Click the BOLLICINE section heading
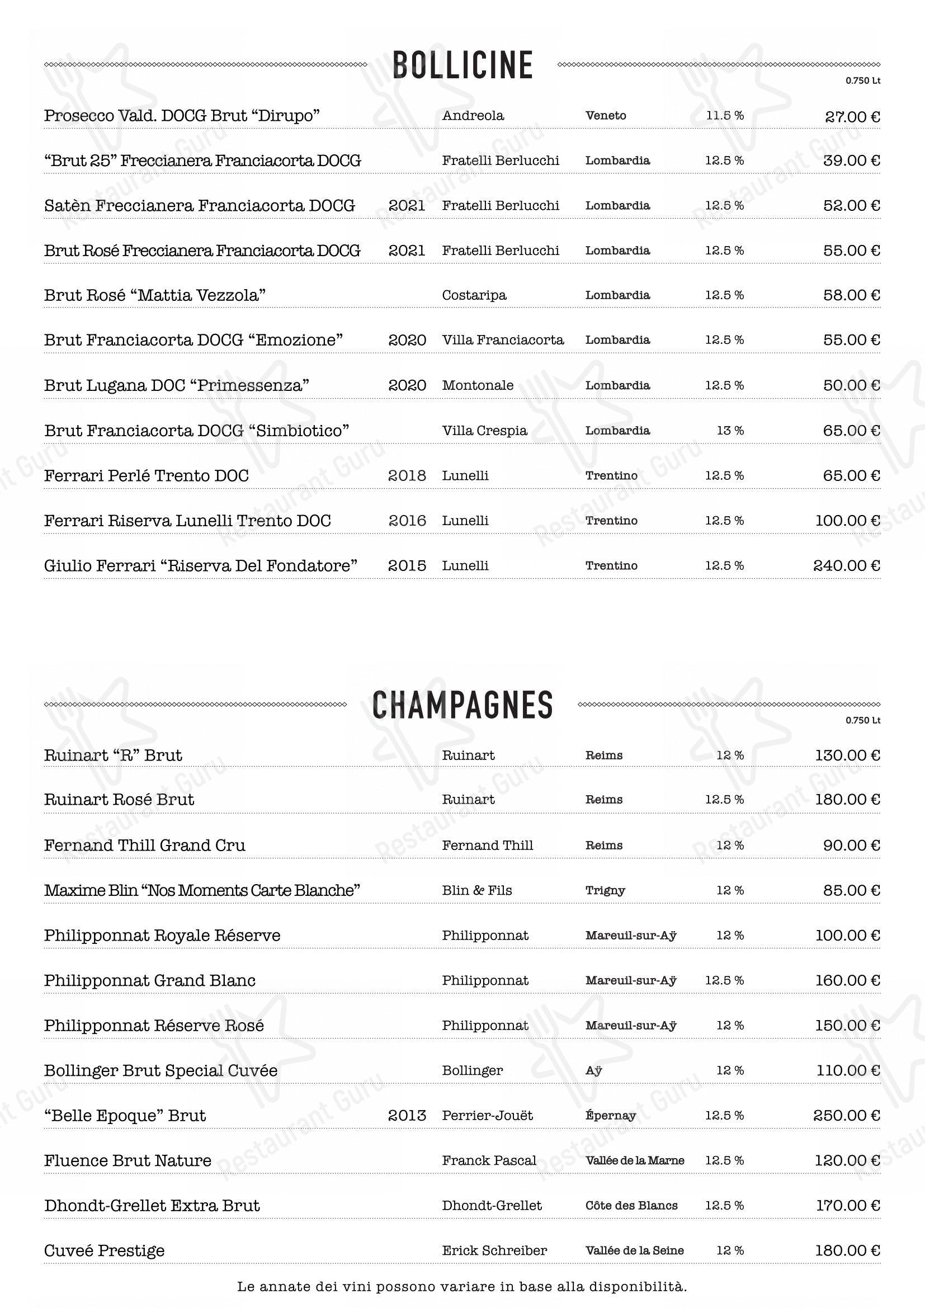(463, 65)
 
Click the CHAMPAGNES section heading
(463, 705)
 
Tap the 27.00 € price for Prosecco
(852, 117)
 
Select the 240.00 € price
(846, 566)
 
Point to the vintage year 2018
(407, 476)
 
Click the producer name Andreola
(473, 116)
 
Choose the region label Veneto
(606, 116)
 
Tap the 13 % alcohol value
(730, 431)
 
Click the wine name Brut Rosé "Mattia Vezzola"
(155, 295)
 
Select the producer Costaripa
(474, 295)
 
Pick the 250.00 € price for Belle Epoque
(846, 1116)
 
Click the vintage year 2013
(407, 1116)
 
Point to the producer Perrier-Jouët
(487, 1116)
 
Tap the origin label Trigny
(605, 890)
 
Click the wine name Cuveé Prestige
(104, 1250)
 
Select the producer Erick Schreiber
(494, 1250)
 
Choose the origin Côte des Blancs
(631, 1206)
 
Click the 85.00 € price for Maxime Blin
(852, 890)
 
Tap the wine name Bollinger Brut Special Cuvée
(161, 1070)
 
